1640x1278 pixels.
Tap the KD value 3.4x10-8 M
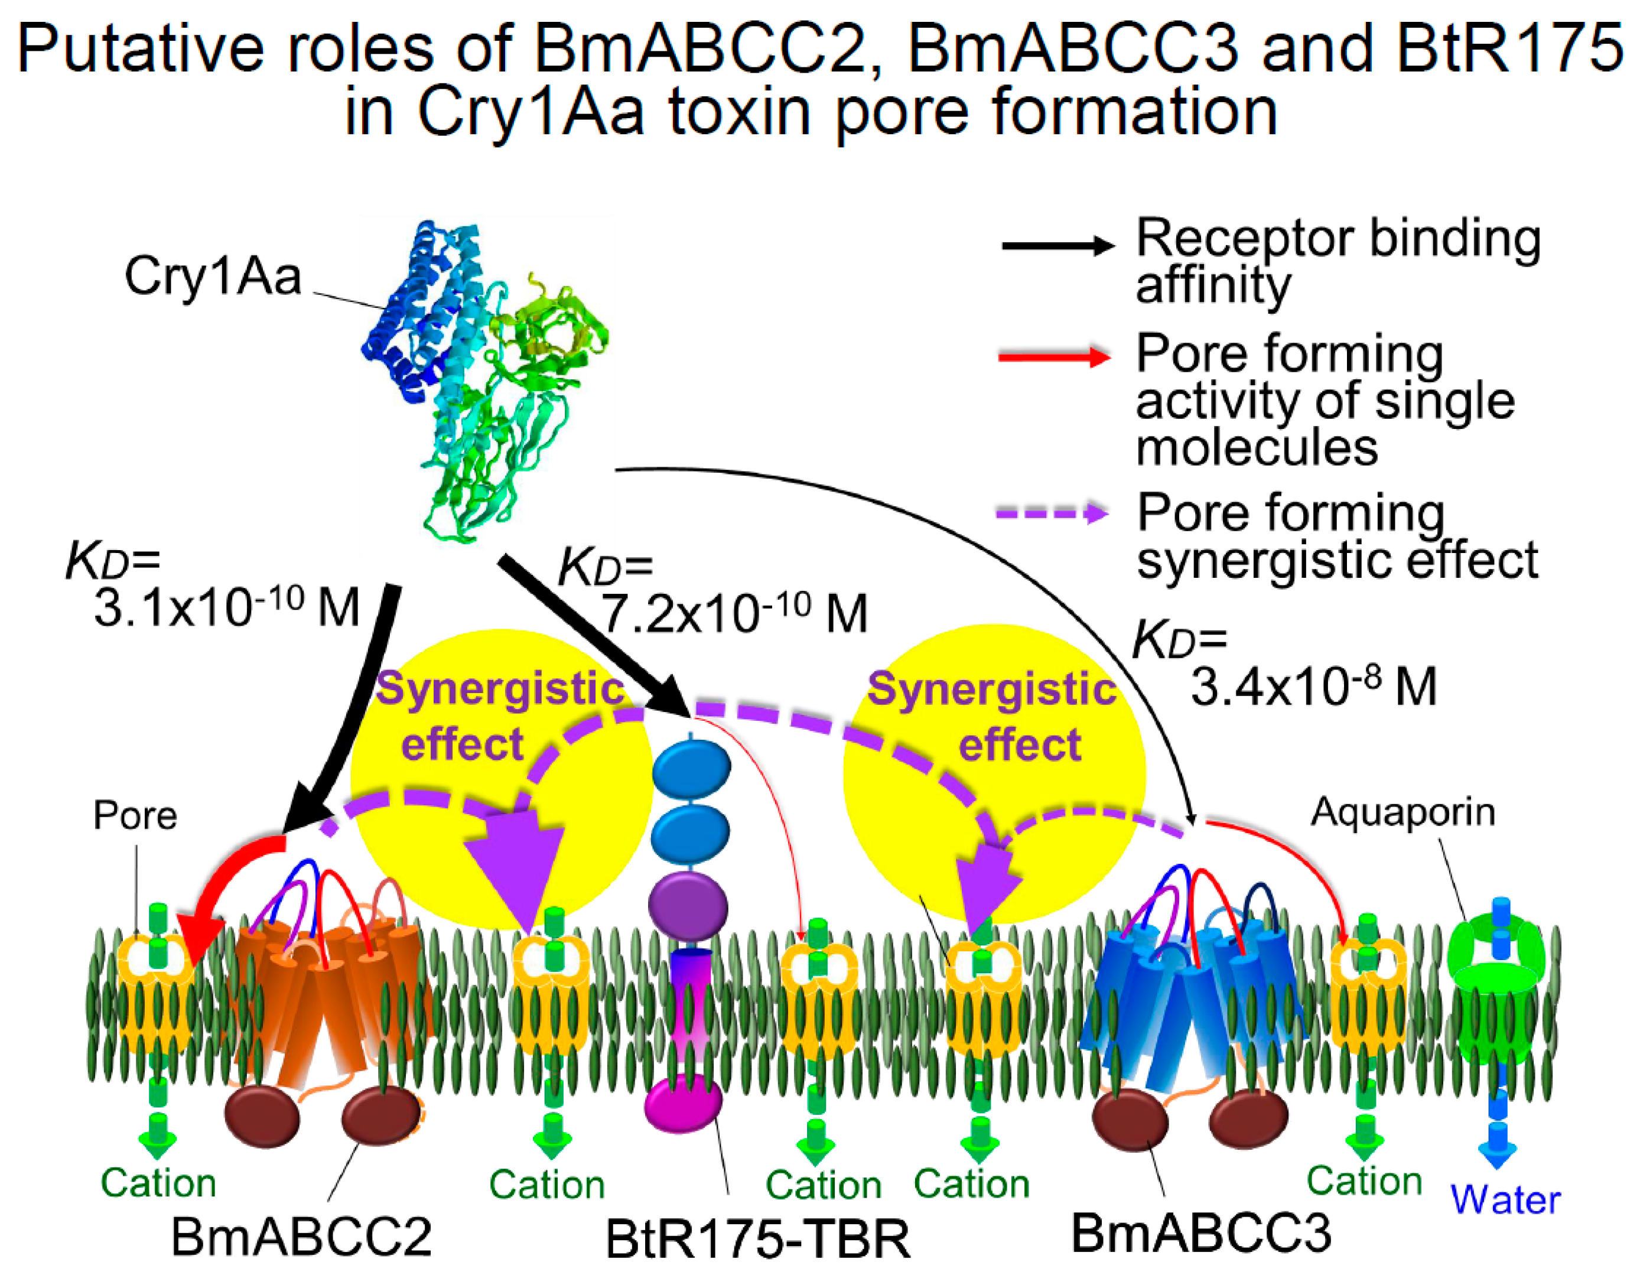click(1313, 685)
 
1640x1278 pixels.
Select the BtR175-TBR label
click(757, 1239)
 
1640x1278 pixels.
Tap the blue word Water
click(1505, 1199)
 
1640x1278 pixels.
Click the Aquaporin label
click(1403, 812)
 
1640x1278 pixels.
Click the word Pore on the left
click(135, 815)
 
